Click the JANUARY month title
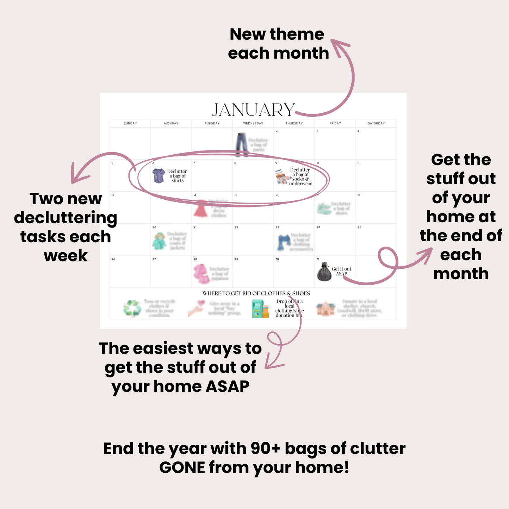tap(253, 110)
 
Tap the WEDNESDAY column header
tap(253, 123)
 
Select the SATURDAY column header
tap(376, 123)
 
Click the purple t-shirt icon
tap(159, 175)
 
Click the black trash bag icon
tap(324, 272)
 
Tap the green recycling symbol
tap(132, 308)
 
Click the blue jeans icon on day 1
tap(242, 144)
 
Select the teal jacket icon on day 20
tap(159, 241)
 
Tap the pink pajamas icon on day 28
tap(201, 273)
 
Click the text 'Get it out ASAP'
tap(341, 271)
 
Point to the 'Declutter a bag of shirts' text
tap(177, 176)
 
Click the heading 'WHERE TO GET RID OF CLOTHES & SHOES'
tap(256, 293)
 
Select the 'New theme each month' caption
tap(278, 44)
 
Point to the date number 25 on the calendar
tap(359, 227)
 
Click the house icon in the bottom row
tap(325, 309)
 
